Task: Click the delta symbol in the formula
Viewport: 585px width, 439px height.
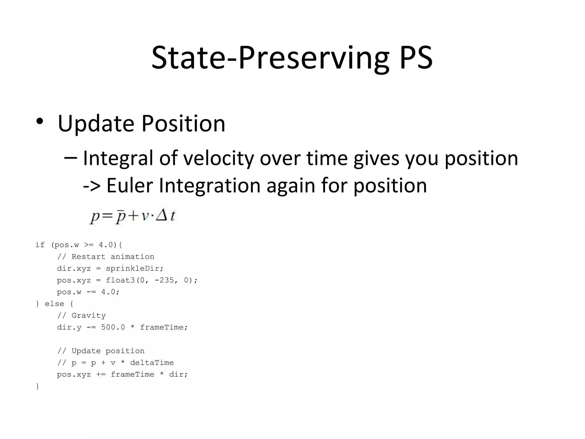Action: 162,216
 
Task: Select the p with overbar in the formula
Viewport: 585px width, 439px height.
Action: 120,217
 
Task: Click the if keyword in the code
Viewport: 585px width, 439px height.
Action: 40,245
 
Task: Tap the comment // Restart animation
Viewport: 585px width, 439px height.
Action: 106,257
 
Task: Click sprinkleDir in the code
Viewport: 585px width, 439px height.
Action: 134,269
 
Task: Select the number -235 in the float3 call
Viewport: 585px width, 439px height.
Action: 164,280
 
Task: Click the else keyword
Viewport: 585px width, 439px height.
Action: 54,304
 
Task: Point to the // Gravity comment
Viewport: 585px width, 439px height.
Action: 81,316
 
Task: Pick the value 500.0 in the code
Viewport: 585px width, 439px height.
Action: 113,327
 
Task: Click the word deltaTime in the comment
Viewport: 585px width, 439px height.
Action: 152,363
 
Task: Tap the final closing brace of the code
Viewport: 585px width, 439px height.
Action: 37,386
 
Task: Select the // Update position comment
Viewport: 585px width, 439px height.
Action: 101,351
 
